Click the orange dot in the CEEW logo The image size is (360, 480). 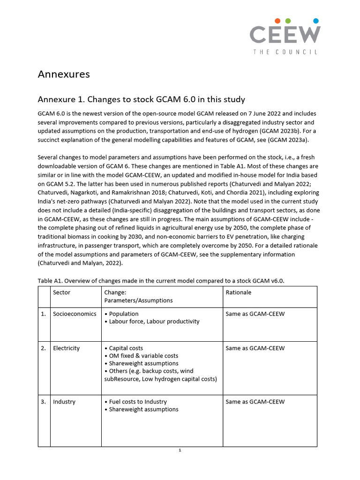(x=278, y=21)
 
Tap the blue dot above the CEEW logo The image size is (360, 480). (x=315, y=21)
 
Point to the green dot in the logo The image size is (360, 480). (x=288, y=21)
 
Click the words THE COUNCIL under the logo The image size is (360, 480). (x=285, y=52)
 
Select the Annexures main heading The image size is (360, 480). (x=63, y=74)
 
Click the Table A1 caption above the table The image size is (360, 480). (x=161, y=280)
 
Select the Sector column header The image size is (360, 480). (x=62, y=292)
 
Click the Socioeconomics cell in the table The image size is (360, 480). (x=75, y=314)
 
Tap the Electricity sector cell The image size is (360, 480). (x=67, y=348)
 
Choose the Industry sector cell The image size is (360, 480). (x=64, y=402)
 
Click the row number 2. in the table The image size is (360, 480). (x=44, y=348)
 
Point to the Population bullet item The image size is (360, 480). (x=123, y=314)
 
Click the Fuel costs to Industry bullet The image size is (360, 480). (x=137, y=402)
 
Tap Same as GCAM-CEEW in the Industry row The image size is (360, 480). (x=255, y=402)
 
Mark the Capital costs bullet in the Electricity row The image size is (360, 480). (x=126, y=348)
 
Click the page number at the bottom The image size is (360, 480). (x=180, y=450)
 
